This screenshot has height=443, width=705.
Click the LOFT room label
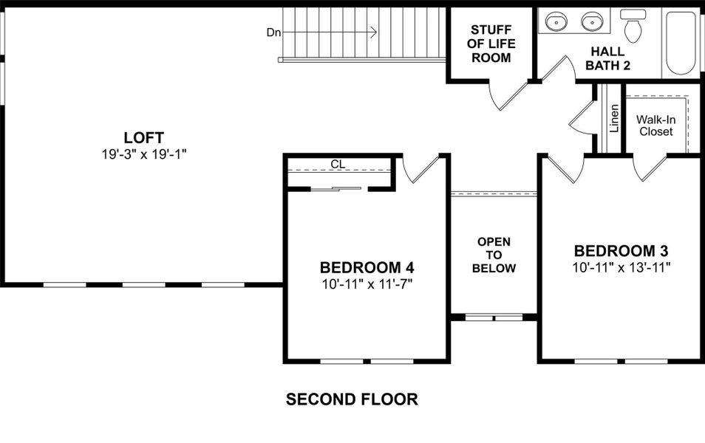(143, 137)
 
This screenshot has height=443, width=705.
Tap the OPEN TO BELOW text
(494, 255)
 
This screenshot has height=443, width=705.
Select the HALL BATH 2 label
(607, 58)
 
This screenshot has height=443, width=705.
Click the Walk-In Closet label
(655, 125)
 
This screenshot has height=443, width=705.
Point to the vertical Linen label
(613, 117)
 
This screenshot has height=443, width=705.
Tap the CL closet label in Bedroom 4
(338, 164)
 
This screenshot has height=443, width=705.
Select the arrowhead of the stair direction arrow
(374, 32)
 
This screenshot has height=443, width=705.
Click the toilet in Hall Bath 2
(633, 26)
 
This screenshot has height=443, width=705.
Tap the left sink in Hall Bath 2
(556, 22)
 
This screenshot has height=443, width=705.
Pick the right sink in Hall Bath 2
(591, 22)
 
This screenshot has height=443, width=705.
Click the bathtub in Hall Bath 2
(680, 42)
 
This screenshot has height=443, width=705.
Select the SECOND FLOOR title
(352, 399)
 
